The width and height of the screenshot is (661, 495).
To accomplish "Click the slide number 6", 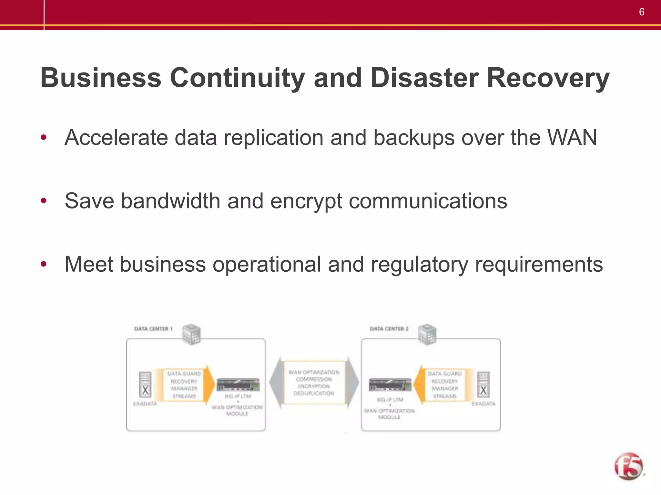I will click(642, 12).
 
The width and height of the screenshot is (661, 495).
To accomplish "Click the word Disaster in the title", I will click(424, 78).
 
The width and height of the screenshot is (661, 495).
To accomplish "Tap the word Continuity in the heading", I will click(237, 78).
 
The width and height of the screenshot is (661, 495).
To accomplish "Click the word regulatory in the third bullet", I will click(419, 265).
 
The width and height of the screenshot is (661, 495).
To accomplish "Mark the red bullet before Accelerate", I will click(44, 138).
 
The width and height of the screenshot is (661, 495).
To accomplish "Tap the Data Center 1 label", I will click(153, 329).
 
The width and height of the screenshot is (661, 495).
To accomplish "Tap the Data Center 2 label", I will click(389, 329).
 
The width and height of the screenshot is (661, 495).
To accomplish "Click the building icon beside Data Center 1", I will click(191, 335).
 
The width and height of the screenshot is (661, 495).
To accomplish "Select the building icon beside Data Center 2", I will click(427, 335).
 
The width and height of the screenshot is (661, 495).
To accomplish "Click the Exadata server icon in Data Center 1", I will click(145, 384).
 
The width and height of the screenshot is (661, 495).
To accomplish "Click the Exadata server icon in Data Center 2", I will click(483, 384).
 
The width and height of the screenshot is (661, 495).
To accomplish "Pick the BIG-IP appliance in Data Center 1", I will click(238, 384).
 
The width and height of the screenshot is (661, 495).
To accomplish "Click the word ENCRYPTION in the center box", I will click(314, 386).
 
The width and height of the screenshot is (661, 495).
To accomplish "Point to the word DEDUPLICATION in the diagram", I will click(314, 393).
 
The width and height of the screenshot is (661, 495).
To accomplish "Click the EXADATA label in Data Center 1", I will click(145, 404).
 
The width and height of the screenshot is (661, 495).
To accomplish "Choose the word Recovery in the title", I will click(548, 78).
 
